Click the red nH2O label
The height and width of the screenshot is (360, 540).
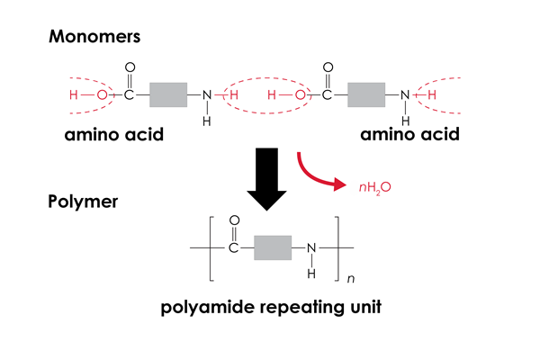(369, 189)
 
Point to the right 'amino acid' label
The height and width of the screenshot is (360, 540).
(409, 136)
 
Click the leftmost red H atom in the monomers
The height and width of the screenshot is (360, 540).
(74, 94)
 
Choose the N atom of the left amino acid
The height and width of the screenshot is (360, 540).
(206, 94)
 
